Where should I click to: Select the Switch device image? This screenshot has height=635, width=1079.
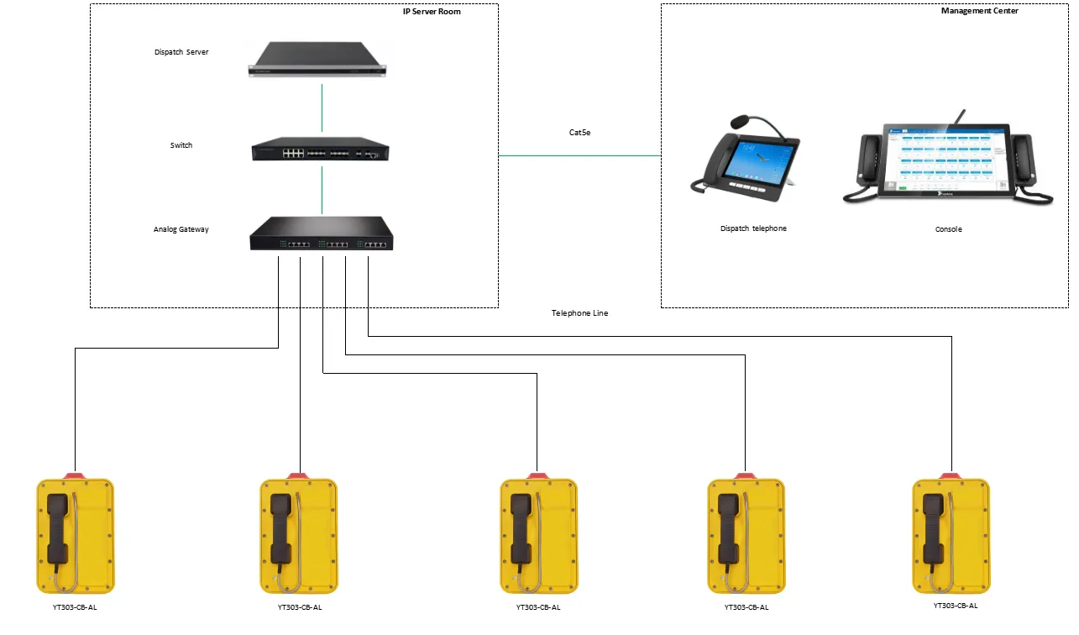(321, 150)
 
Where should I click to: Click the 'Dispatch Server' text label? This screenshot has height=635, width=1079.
(181, 52)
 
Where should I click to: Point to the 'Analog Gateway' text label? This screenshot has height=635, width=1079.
(181, 229)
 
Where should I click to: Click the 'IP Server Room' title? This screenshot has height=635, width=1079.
(432, 12)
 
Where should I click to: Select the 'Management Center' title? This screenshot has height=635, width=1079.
(980, 11)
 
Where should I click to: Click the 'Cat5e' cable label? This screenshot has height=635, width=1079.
(579, 133)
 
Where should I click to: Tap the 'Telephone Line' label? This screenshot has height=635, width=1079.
(579, 313)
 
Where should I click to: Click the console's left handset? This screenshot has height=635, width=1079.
(867, 160)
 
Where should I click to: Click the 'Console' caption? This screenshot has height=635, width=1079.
(948, 229)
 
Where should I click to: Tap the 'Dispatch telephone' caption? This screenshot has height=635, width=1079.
(753, 228)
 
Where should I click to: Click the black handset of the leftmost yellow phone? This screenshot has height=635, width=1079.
(57, 529)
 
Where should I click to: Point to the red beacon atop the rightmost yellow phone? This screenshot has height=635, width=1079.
(951, 476)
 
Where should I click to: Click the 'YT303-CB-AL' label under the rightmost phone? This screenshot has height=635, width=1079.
(956, 606)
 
